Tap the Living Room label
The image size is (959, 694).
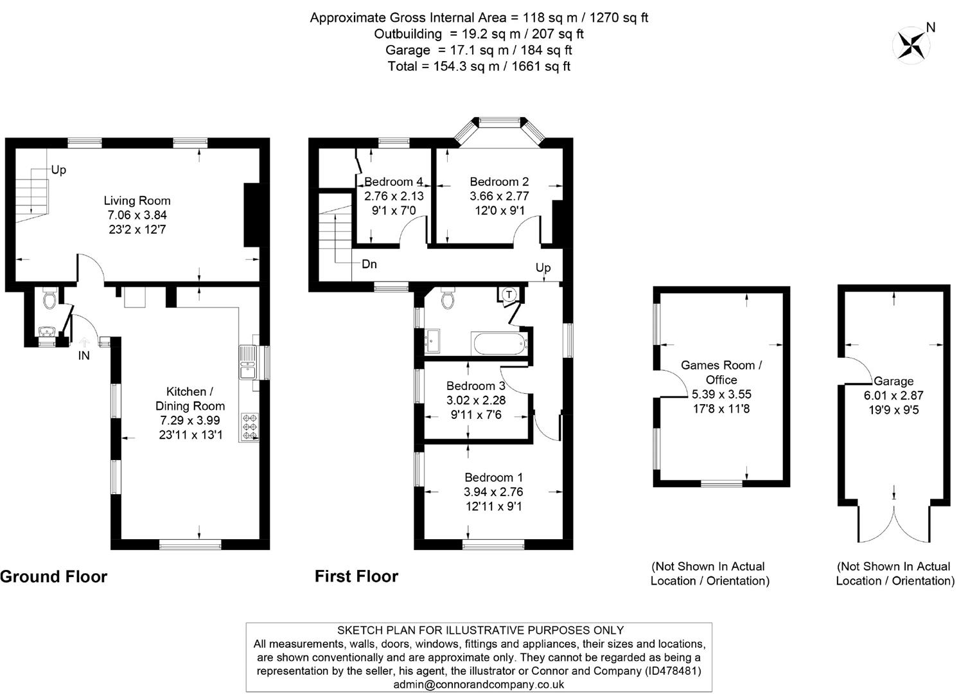[137, 200]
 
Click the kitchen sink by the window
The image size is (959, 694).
[247, 363]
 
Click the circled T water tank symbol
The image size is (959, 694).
[509, 294]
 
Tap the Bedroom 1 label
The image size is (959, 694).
[493, 477]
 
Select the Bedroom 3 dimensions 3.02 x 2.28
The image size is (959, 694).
[476, 400]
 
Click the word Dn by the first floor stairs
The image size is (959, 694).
[369, 264]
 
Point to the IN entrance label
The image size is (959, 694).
[84, 355]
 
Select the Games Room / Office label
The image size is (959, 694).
[721, 372]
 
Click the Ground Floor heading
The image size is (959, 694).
[53, 576]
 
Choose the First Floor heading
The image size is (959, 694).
[356, 576]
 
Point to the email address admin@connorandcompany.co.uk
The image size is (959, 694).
[479, 684]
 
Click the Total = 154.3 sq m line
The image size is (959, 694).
[479, 66]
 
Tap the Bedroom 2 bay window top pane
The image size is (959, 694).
[499, 120]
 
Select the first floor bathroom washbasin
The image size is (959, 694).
[431, 339]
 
